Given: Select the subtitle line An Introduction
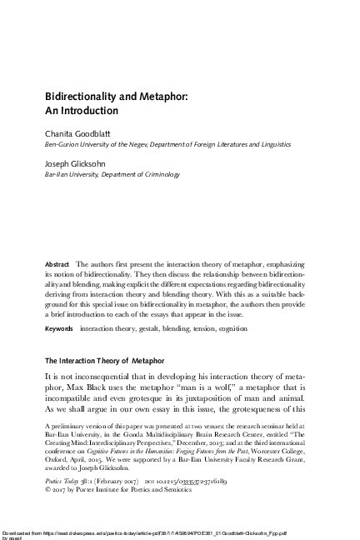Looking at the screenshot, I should tap(82, 110).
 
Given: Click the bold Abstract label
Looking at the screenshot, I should tap(57, 264).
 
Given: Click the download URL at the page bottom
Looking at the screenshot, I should tap(158, 530).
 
